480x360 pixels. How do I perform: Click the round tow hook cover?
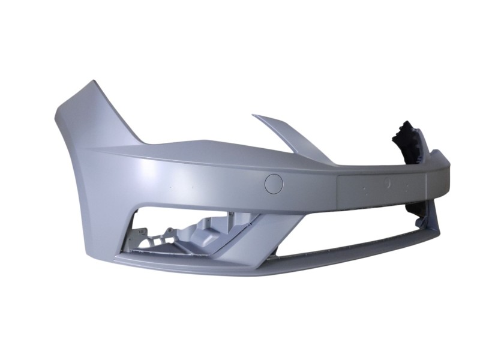tap(274, 184)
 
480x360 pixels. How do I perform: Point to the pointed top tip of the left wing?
tap(91, 83)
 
